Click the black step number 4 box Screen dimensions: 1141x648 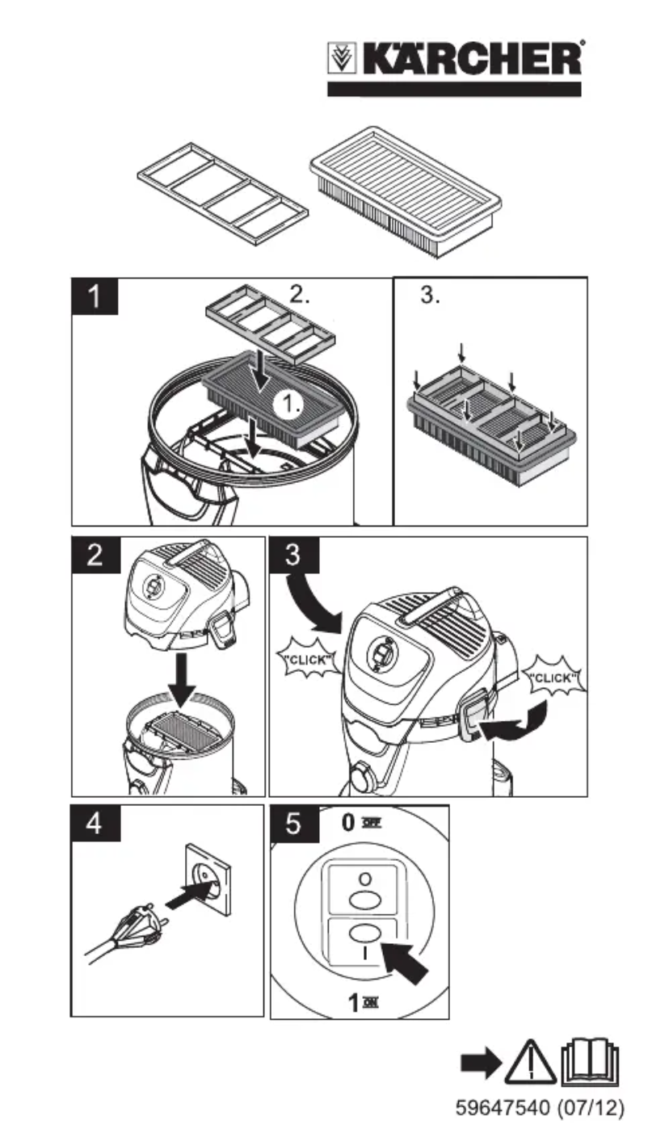pyautogui.click(x=95, y=824)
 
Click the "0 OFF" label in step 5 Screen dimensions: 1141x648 pyautogui.click(x=360, y=823)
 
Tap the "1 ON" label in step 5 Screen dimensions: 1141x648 pyautogui.click(x=360, y=1003)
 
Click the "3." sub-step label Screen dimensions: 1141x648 pyautogui.click(x=432, y=296)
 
